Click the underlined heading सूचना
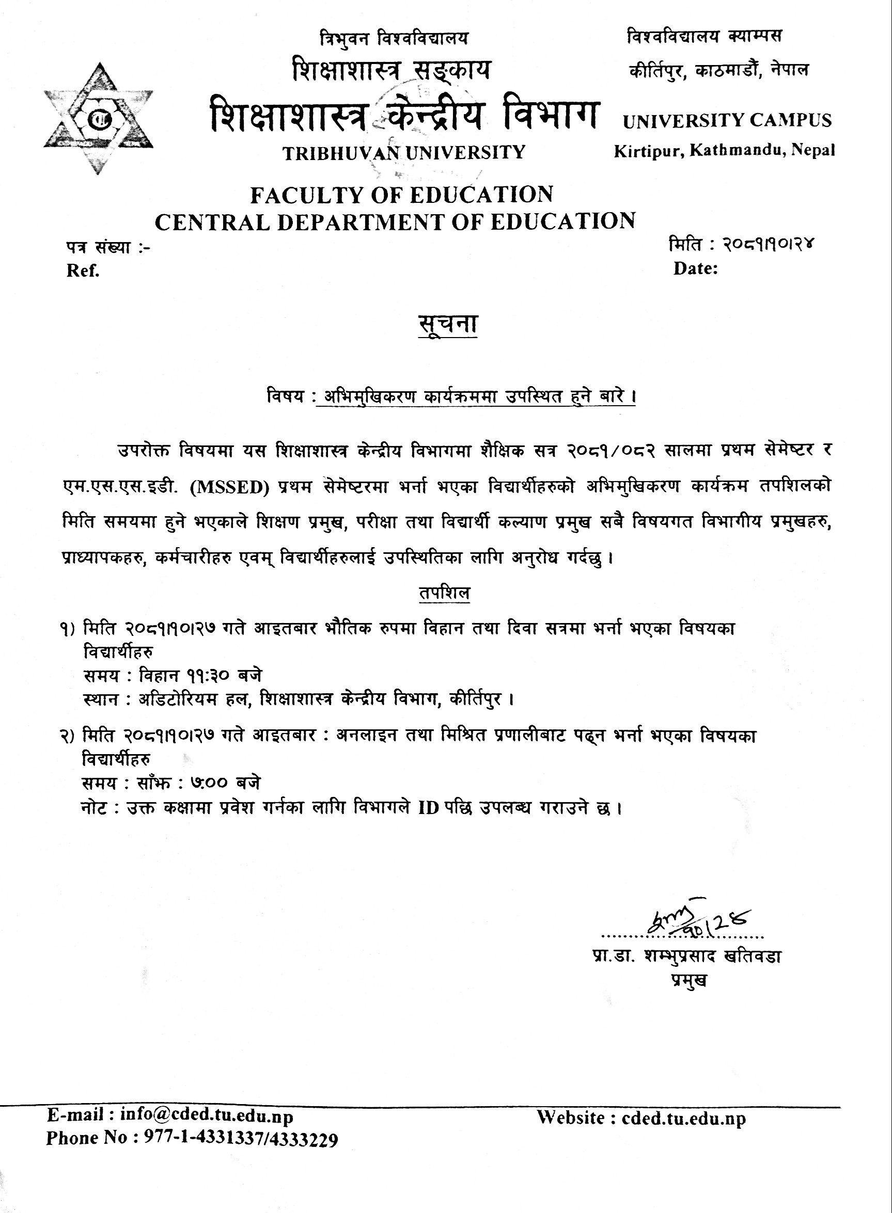(448, 324)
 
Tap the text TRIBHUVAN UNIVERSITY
(404, 153)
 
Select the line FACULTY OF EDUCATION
(402, 194)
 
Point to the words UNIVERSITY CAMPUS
(727, 121)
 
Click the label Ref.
(83, 271)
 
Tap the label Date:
(695, 269)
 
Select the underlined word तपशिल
(444, 594)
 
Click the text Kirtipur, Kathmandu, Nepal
(724, 151)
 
